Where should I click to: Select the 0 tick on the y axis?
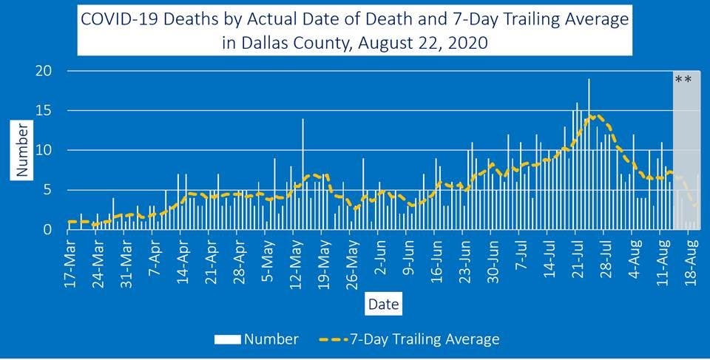click(47, 230)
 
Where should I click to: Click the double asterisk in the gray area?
click(683, 80)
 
